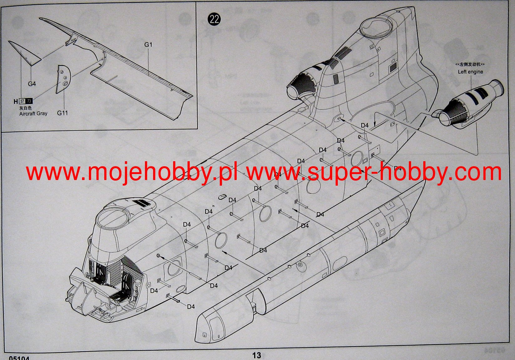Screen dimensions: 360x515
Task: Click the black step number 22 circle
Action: [x=214, y=19]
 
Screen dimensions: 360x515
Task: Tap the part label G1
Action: [x=148, y=45]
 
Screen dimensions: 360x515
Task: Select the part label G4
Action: [x=32, y=84]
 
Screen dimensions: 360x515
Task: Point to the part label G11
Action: [x=62, y=113]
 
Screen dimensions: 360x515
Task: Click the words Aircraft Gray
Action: [x=33, y=114]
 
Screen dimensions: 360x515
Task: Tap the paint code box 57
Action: [x=22, y=101]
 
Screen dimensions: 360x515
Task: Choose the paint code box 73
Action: [x=29, y=101]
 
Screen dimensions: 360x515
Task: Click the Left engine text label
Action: [x=470, y=72]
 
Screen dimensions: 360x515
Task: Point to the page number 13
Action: [x=256, y=355]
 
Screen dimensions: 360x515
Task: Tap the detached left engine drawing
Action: [x=470, y=103]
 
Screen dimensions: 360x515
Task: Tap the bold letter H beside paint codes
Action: [x=16, y=101]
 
